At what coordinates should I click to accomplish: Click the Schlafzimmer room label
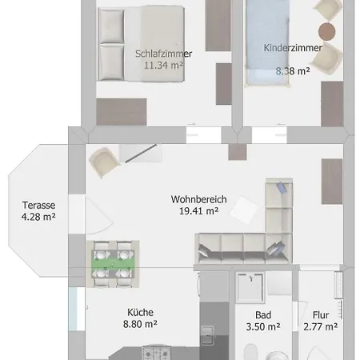(163, 54)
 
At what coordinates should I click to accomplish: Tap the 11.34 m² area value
(163, 65)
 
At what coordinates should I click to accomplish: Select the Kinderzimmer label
(293, 48)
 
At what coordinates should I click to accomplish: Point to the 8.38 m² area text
(293, 71)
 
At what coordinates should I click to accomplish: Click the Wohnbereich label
(198, 199)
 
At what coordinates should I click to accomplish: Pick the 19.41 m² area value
(198, 211)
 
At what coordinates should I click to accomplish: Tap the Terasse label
(38, 205)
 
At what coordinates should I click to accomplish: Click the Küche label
(140, 312)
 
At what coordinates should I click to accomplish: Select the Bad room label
(263, 315)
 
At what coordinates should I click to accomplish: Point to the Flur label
(321, 315)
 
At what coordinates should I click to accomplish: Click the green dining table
(113, 264)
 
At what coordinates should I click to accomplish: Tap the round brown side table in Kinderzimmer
(326, 31)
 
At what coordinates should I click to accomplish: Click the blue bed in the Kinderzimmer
(267, 42)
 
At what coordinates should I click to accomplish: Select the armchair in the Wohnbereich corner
(104, 162)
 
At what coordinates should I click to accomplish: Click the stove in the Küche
(157, 353)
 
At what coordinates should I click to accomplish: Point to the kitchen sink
(207, 335)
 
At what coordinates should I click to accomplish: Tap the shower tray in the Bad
(250, 287)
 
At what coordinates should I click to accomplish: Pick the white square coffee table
(244, 210)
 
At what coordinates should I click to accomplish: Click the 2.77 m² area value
(321, 326)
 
